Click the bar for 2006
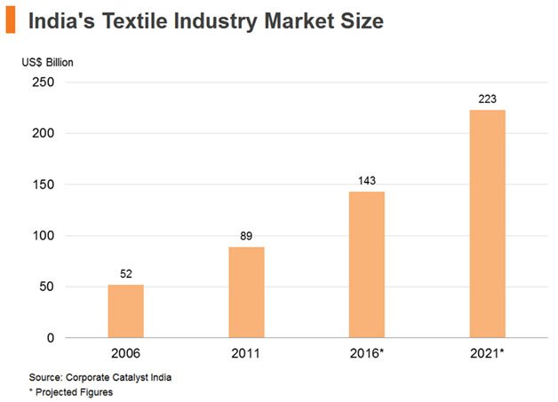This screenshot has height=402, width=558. (x=125, y=311)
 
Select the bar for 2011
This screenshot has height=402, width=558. (x=246, y=292)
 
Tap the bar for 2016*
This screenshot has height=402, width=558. (x=367, y=264)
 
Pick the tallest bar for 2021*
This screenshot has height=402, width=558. (x=487, y=224)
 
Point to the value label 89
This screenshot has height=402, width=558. (x=246, y=237)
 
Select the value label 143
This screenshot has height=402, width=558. (x=367, y=181)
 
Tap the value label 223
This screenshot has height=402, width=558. (x=487, y=99)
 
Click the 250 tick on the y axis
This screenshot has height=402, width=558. (x=43, y=83)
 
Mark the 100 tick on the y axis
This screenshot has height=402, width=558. (x=43, y=236)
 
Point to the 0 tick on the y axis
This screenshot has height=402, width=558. (x=51, y=338)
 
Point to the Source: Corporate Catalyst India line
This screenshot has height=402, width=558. (x=100, y=377)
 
